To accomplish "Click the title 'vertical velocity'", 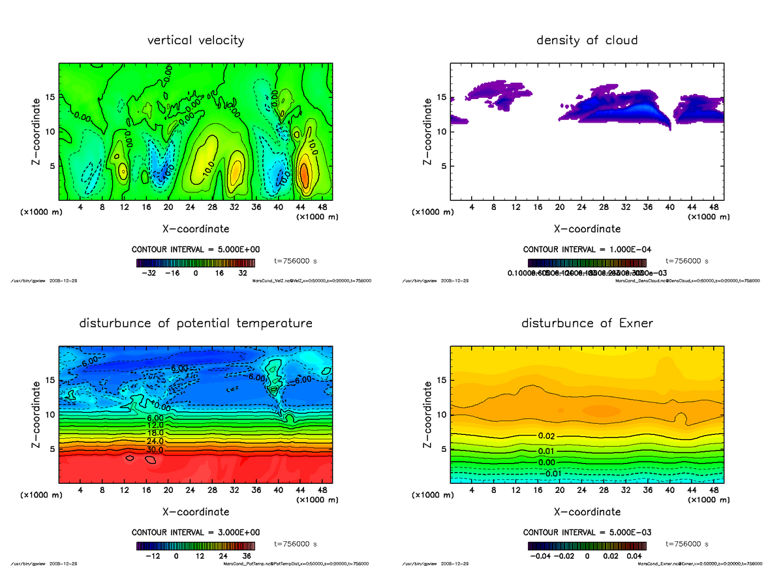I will (x=196, y=40).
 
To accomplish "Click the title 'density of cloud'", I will (x=587, y=40).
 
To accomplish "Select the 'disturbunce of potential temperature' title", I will (x=196, y=323).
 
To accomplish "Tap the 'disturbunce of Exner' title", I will (x=587, y=323).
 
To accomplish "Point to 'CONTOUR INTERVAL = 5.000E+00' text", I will (x=196, y=250).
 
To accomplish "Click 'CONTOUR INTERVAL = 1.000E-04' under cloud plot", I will (x=587, y=250).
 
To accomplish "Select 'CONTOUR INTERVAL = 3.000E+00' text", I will (x=196, y=532).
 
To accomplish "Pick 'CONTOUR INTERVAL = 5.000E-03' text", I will (x=587, y=532).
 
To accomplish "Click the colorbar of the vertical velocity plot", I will (x=196, y=263).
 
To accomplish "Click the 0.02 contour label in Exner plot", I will (x=547, y=435).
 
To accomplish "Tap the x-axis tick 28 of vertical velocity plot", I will (x=213, y=207).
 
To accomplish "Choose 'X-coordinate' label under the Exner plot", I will (x=587, y=512).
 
